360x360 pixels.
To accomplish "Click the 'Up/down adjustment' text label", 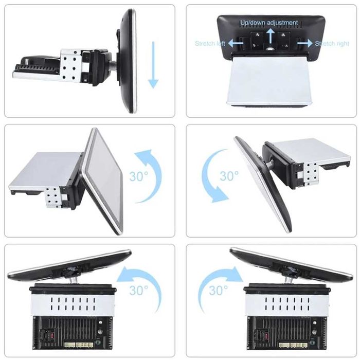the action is [x=269, y=23].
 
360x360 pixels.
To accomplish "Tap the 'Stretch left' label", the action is [x=210, y=43].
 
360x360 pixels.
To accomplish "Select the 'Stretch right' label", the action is [x=332, y=43].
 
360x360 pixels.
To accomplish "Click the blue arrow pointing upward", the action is [x=271, y=36].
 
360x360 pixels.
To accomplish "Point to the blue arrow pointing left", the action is [x=236, y=43].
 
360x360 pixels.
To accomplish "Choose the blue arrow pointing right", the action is [x=305, y=43].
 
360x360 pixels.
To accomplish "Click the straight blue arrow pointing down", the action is [x=153, y=65].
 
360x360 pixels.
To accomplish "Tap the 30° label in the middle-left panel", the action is [x=139, y=176].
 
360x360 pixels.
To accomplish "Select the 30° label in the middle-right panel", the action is [x=229, y=176].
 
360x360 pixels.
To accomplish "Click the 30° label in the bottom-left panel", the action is [x=139, y=291].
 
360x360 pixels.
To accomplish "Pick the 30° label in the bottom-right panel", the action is [x=219, y=291].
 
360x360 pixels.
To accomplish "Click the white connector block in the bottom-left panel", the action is [x=79, y=345].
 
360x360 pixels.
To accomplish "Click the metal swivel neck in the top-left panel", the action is [x=113, y=66].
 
